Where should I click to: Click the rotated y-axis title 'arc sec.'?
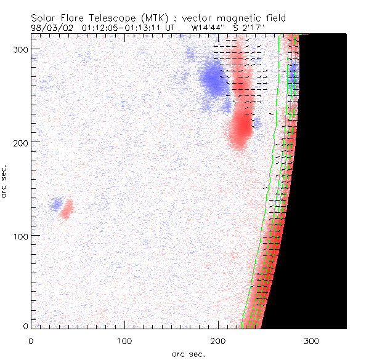point(5,181)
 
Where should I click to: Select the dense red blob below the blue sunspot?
point(240,129)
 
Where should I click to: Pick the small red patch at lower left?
point(66,209)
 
